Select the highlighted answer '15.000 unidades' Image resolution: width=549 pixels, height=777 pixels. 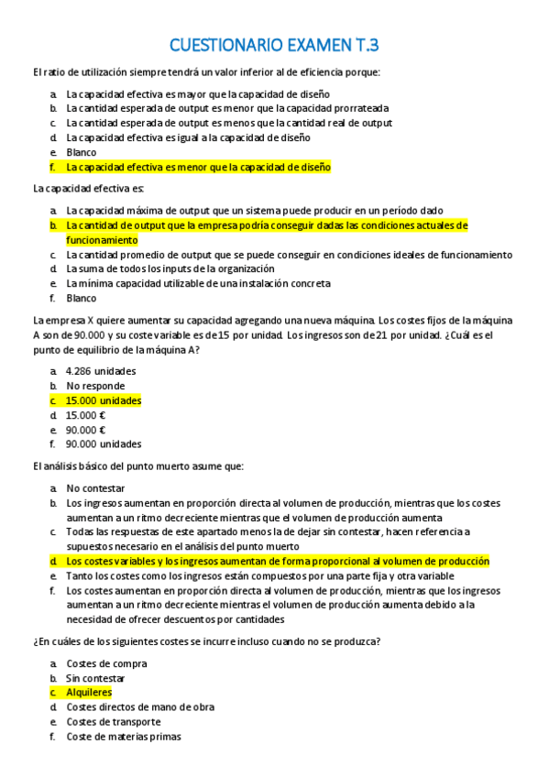(104, 400)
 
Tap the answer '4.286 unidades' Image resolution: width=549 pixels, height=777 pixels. (101, 371)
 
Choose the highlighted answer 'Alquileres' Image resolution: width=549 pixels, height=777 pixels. (89, 693)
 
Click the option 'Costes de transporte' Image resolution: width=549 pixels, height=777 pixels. (113, 722)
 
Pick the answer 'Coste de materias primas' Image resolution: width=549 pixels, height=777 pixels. (124, 737)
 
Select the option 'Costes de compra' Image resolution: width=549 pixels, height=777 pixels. (106, 663)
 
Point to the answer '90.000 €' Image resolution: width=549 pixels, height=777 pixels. (86, 430)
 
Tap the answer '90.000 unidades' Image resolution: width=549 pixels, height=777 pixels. (104, 444)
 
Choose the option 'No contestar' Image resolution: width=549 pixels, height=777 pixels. (95, 488)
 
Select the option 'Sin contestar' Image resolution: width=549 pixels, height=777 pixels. (95, 678)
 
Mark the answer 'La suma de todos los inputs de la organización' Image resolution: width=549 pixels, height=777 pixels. (170, 268)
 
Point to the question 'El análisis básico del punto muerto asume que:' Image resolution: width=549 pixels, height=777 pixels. (137, 466)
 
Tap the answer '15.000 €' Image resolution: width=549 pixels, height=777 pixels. (86, 415)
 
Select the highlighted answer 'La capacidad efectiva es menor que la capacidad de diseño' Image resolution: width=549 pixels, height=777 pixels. (198, 167)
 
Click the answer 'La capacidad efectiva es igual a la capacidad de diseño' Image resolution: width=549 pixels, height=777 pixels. (188, 137)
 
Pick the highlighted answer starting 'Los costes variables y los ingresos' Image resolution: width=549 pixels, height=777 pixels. (278, 561)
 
